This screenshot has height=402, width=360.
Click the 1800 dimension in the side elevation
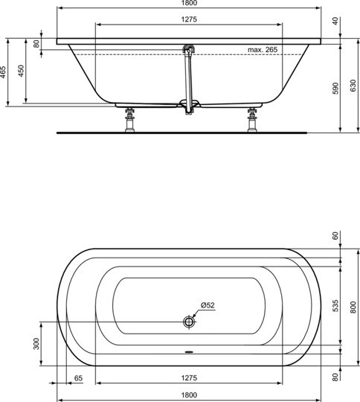(189, 4)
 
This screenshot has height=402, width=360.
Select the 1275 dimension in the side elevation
(189, 20)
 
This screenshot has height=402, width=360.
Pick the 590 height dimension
(335, 89)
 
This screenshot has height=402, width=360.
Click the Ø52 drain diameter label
(208, 304)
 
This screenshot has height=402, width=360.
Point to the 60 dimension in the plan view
(336, 236)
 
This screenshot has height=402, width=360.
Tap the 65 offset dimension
(79, 379)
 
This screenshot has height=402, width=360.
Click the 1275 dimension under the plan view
(189, 379)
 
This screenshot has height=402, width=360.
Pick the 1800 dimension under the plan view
(189, 395)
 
